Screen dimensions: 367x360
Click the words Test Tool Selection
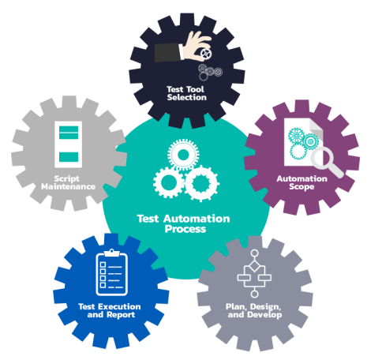click(186, 93)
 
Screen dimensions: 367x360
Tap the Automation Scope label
click(301, 182)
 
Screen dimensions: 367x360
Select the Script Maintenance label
click(68, 182)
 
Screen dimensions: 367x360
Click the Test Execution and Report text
click(110, 311)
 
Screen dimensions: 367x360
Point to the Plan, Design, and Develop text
click(254, 311)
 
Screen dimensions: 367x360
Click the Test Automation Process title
click(184, 223)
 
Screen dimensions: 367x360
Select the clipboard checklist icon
click(112, 272)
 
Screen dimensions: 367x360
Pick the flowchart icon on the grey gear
click(254, 274)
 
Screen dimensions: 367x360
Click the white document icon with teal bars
click(69, 144)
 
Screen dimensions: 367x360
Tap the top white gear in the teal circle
click(183, 155)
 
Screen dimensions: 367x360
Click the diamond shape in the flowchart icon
click(254, 265)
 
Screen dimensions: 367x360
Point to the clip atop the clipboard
click(112, 253)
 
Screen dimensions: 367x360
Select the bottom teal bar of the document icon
click(69, 157)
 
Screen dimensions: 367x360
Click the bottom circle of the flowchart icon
click(254, 294)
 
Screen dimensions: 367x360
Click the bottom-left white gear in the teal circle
click(168, 182)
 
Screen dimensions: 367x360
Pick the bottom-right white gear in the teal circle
click(201, 184)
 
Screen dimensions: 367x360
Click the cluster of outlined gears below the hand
click(210, 72)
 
